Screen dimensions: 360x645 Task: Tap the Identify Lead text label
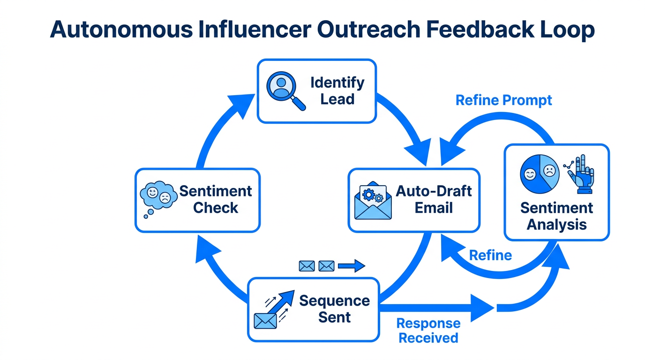click(x=337, y=91)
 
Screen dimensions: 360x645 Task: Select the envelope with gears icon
click(x=373, y=201)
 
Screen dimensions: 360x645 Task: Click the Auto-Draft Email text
click(x=434, y=199)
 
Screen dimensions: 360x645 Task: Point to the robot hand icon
click(x=580, y=174)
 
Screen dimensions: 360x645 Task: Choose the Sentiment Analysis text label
click(x=556, y=216)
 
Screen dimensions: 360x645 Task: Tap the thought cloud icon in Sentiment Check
click(x=158, y=197)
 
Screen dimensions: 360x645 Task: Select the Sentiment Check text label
click(x=216, y=199)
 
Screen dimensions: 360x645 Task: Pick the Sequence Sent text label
click(x=334, y=309)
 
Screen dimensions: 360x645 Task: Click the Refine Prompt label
click(x=504, y=100)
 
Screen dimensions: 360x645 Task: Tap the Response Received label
click(x=428, y=330)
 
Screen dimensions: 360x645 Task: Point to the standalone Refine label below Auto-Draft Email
click(x=490, y=255)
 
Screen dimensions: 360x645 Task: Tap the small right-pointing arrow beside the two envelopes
click(x=351, y=266)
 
